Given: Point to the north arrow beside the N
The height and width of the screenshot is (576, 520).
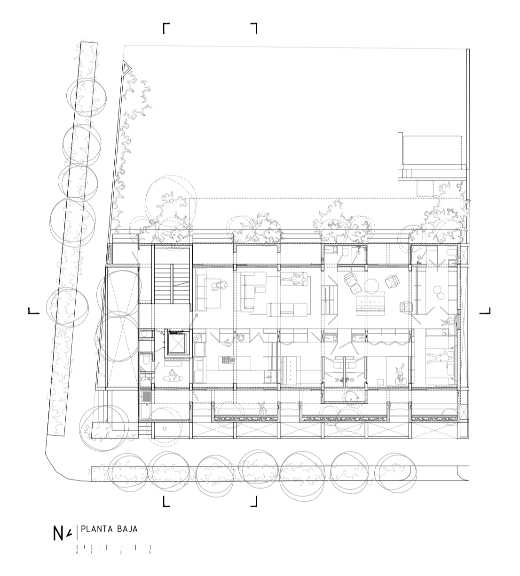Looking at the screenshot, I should (69, 533).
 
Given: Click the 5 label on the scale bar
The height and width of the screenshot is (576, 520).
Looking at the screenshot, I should (150, 552).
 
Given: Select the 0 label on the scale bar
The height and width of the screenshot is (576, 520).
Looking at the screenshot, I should (77, 552).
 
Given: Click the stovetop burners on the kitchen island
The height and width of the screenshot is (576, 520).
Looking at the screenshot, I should (227, 360).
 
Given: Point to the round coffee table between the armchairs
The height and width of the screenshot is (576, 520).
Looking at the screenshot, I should (371, 285).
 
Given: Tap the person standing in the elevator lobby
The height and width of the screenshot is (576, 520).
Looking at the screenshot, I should (173, 375).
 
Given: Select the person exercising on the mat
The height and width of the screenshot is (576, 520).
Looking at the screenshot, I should (399, 373).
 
